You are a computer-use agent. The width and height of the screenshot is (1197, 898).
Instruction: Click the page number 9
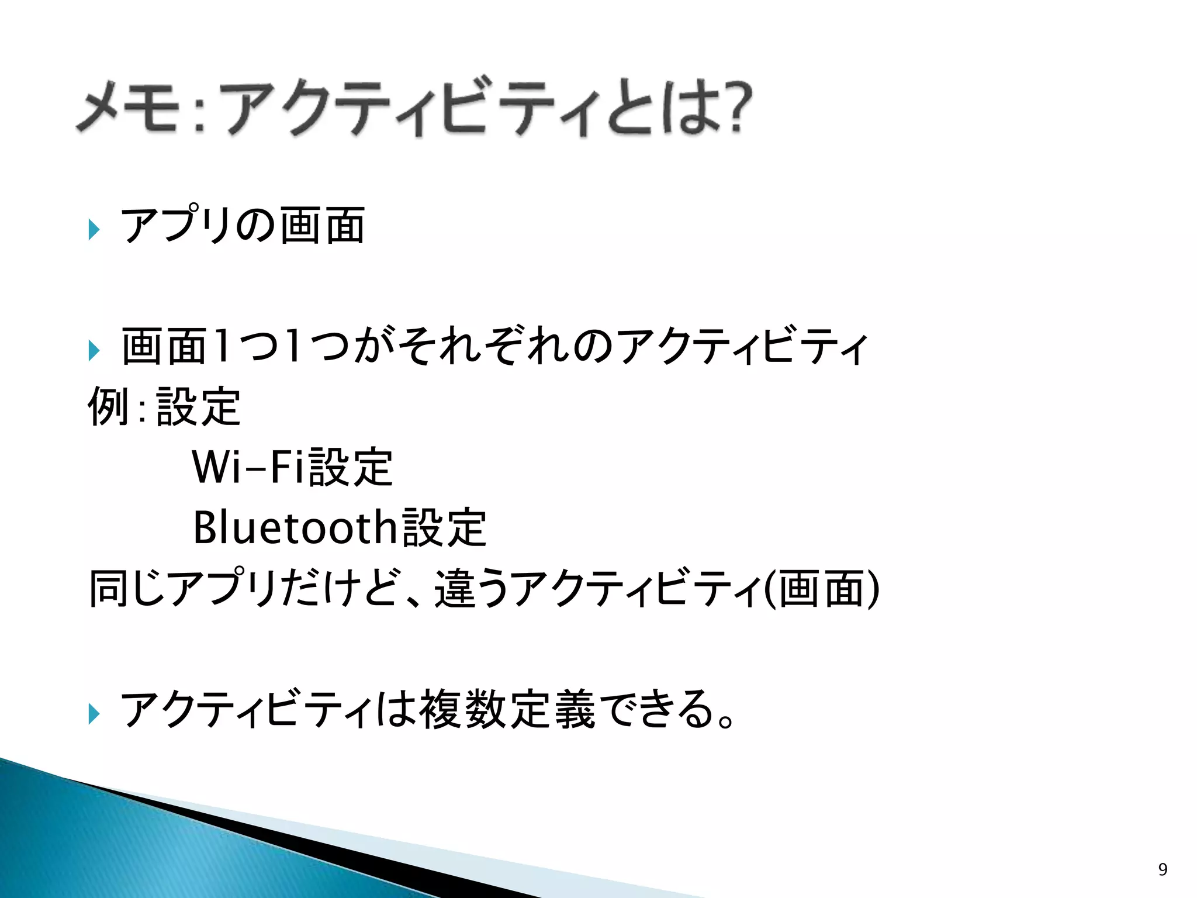(1163, 869)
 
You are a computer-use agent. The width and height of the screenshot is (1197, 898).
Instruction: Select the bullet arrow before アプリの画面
(94, 229)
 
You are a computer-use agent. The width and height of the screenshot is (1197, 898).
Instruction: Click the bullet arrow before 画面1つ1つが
(94, 350)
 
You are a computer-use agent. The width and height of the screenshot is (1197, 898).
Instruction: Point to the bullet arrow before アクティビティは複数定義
(94, 713)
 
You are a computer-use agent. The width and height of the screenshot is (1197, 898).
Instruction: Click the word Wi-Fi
(249, 467)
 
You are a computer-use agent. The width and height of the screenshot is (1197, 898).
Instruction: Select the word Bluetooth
(295, 527)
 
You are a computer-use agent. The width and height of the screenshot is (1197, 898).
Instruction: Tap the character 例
(109, 406)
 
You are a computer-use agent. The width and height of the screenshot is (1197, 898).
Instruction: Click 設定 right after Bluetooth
(445, 527)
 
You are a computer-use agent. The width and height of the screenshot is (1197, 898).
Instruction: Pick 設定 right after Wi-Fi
(351, 467)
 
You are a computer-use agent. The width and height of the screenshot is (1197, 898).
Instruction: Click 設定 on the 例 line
(199, 406)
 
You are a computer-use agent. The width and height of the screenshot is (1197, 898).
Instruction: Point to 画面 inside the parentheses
(821, 588)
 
